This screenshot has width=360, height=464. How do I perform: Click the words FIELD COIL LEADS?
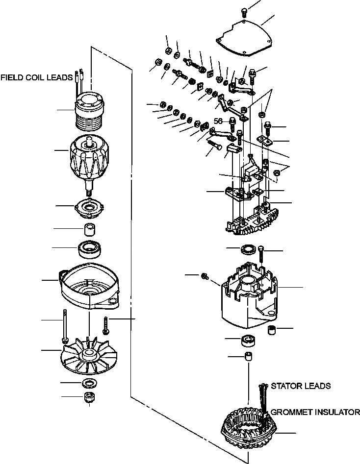[36, 77]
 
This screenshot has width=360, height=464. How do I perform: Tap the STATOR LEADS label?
[300, 386]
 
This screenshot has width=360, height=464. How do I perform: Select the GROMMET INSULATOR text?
[315, 412]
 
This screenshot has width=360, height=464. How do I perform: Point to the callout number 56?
[218, 121]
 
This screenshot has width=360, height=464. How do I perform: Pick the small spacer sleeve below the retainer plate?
[89, 229]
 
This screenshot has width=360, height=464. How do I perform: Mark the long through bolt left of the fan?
[64, 326]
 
